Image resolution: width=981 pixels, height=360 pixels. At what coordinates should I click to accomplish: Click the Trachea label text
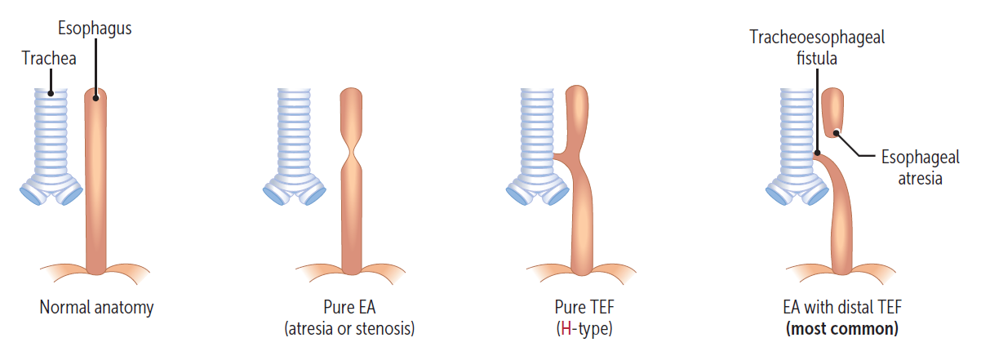pos(49,58)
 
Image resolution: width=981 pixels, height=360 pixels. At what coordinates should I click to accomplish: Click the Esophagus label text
pos(95,29)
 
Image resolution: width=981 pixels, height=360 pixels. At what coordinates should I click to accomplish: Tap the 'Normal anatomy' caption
pos(96,308)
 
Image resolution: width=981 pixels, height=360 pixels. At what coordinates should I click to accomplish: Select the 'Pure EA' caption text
pos(348,308)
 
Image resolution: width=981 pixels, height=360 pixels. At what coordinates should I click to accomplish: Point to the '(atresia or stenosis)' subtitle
pos(348,330)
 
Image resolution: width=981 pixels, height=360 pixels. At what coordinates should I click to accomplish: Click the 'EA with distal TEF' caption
pos(841,308)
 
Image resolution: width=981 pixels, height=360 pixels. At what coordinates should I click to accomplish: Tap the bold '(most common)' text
pos(841,330)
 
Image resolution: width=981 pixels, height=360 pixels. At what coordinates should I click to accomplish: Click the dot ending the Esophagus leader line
pos(96,98)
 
